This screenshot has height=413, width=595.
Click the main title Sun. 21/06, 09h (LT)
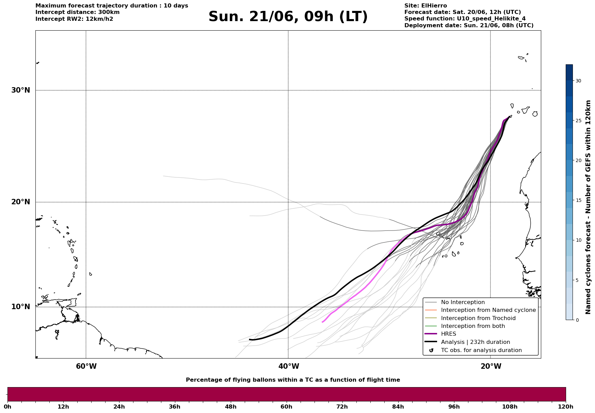click(x=288, y=17)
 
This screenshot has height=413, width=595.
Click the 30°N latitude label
click(x=21, y=90)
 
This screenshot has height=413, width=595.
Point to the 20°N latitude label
click(x=21, y=202)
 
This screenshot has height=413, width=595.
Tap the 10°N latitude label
click(x=21, y=307)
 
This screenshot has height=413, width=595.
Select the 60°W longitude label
click(x=86, y=366)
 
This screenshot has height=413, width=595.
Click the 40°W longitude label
click(x=289, y=366)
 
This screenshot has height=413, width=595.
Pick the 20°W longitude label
click(x=491, y=366)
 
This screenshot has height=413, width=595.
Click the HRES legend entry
click(x=448, y=334)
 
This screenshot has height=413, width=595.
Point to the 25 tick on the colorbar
click(x=578, y=121)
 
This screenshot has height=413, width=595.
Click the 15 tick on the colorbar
click(x=578, y=200)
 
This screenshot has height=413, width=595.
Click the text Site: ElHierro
click(x=425, y=6)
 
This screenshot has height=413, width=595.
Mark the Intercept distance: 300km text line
click(x=78, y=12)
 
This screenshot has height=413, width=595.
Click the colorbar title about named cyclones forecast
click(x=588, y=207)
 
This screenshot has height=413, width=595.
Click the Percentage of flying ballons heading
click(x=293, y=380)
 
